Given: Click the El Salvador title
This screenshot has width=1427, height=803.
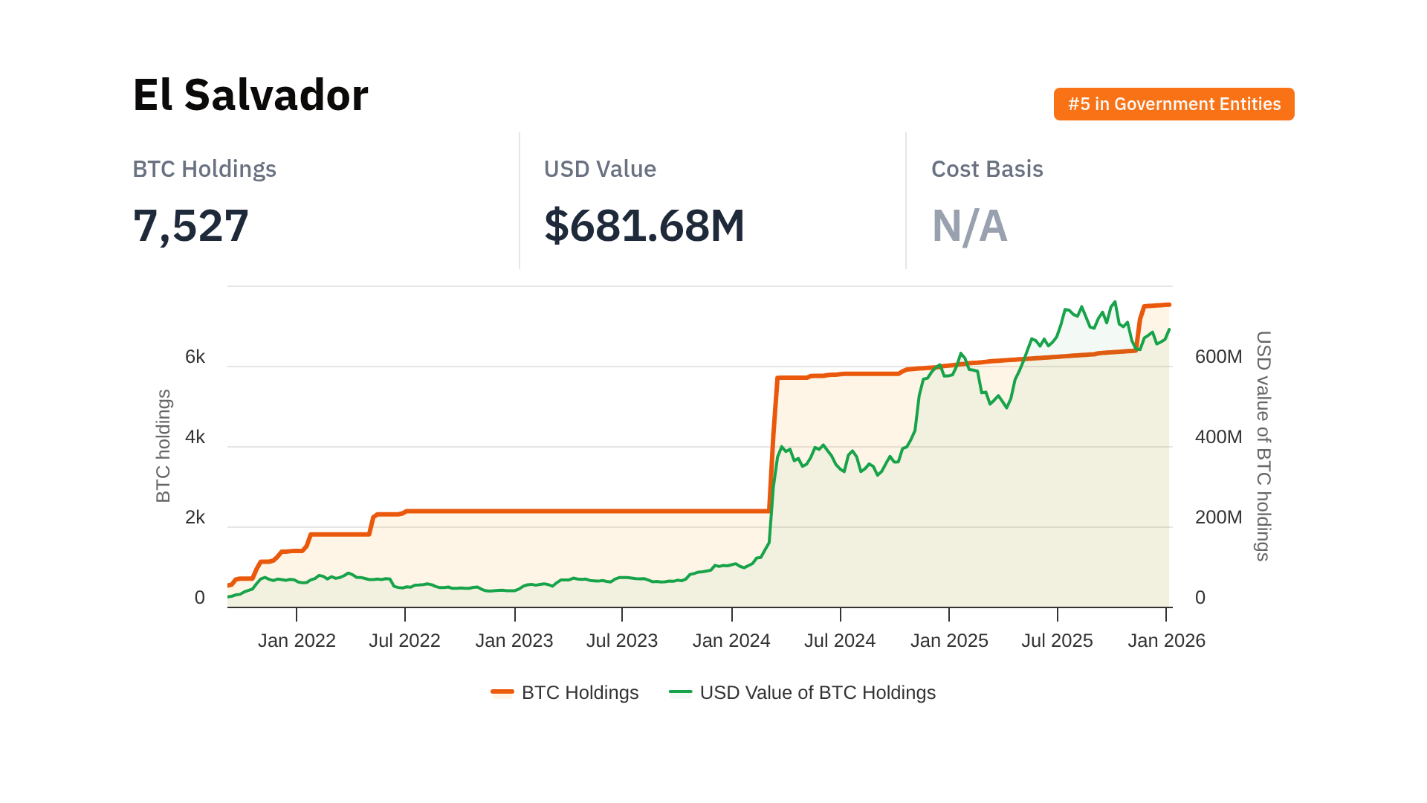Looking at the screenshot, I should [x=250, y=95].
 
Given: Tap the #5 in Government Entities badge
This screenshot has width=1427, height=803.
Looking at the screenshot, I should [x=1174, y=104].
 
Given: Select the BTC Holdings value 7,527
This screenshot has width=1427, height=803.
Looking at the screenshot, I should [x=190, y=225].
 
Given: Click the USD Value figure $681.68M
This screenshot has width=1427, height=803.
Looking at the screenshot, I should [x=644, y=225].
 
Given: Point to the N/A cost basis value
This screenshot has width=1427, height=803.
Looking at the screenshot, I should [x=969, y=226].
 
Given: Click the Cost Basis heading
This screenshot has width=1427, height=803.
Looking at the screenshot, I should [x=986, y=169].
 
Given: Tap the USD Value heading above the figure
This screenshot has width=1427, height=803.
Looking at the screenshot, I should [x=599, y=169].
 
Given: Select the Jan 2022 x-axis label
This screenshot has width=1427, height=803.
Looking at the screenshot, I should [x=297, y=640].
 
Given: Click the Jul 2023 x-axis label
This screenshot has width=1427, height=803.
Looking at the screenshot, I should [x=622, y=640].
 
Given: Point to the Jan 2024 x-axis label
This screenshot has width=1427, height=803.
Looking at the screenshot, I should [x=731, y=640].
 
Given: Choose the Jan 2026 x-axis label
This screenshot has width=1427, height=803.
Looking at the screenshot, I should [x=1166, y=640].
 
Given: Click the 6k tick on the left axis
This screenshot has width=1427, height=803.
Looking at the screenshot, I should [x=195, y=357].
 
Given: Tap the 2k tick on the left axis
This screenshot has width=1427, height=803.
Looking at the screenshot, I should [x=195, y=517].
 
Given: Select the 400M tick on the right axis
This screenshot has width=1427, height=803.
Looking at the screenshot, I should [x=1218, y=437].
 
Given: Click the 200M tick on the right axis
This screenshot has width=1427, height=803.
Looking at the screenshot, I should [x=1218, y=517].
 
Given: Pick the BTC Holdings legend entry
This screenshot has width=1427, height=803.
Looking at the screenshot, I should [x=565, y=692].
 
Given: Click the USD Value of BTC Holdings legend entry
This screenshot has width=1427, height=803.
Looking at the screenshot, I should [x=803, y=692].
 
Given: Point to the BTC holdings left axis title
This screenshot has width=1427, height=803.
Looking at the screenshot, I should [x=164, y=446].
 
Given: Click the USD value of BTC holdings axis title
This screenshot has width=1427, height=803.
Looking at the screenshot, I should [x=1263, y=446].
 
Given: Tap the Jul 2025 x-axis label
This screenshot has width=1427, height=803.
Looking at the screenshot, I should [x=1057, y=640].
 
